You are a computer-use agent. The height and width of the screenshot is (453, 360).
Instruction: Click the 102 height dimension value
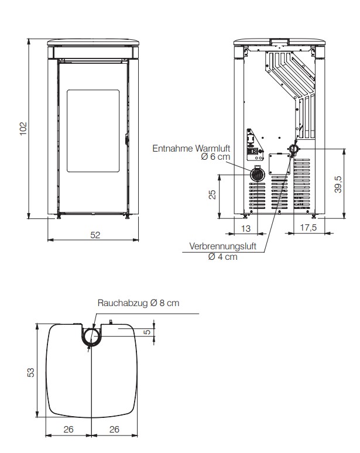23,129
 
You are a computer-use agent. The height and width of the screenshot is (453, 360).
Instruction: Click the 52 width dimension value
95,235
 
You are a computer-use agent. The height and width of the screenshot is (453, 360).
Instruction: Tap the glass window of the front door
93,131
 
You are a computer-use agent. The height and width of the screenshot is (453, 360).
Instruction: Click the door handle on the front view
126,139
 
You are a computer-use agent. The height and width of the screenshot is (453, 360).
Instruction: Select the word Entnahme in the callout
173,149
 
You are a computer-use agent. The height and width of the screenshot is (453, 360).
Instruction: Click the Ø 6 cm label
215,157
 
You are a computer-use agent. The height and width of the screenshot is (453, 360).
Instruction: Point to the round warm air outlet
256,174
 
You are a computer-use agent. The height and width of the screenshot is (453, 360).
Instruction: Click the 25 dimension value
212,194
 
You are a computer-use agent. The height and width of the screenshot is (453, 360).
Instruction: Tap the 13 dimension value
246,228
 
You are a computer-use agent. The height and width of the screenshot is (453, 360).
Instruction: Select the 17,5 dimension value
308,228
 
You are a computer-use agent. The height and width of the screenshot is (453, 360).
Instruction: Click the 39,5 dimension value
338,184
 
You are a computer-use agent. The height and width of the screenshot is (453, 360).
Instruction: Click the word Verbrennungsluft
223,246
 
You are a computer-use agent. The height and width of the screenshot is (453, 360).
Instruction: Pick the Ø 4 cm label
223,256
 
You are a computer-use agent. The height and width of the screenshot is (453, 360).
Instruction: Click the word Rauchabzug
123,303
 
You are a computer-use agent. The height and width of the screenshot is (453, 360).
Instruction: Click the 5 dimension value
147,332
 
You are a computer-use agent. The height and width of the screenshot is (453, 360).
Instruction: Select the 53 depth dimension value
30,372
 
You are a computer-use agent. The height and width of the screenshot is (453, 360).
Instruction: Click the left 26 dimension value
68,430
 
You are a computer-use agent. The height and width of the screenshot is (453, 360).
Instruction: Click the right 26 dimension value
114,430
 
